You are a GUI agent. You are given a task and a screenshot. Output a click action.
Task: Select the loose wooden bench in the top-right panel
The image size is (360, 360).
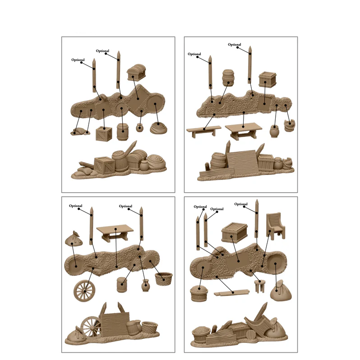coord(203,130)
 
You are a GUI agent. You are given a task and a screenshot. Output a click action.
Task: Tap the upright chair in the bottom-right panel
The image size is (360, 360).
coord(275,225)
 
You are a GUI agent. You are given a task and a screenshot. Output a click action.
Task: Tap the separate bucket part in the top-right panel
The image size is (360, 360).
coord(289,125)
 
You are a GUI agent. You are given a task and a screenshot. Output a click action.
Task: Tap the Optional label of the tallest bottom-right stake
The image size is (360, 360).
coord(240,204)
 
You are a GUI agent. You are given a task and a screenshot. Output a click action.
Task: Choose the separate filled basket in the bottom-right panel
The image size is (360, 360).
coord(198,293)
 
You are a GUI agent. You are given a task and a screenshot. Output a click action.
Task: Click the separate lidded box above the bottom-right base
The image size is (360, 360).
coord(235,232)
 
